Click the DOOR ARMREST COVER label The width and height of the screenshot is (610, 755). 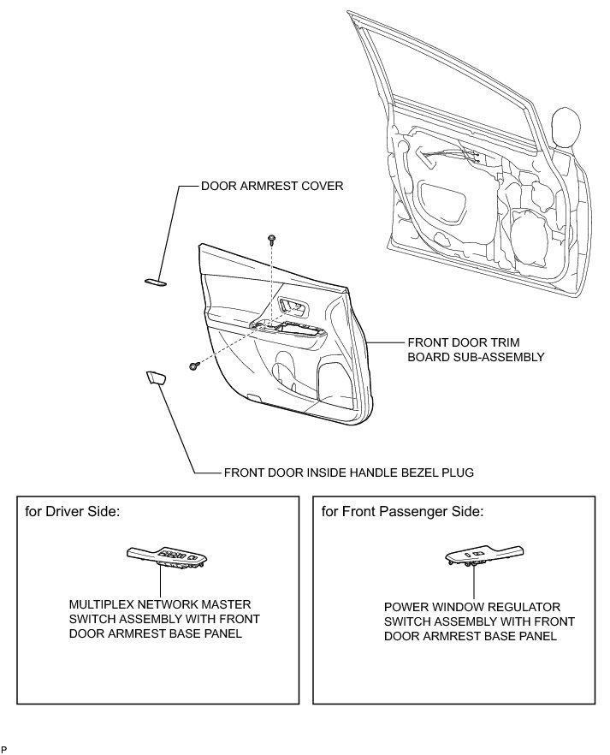coord(271,185)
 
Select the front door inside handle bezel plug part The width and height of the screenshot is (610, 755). coord(156,377)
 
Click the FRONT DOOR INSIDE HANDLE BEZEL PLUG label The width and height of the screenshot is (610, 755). coord(348,472)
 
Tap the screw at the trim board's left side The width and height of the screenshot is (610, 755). coord(194,366)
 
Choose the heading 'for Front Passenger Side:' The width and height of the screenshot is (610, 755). coord(402,512)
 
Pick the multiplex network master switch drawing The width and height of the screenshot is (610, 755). coord(167,557)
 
